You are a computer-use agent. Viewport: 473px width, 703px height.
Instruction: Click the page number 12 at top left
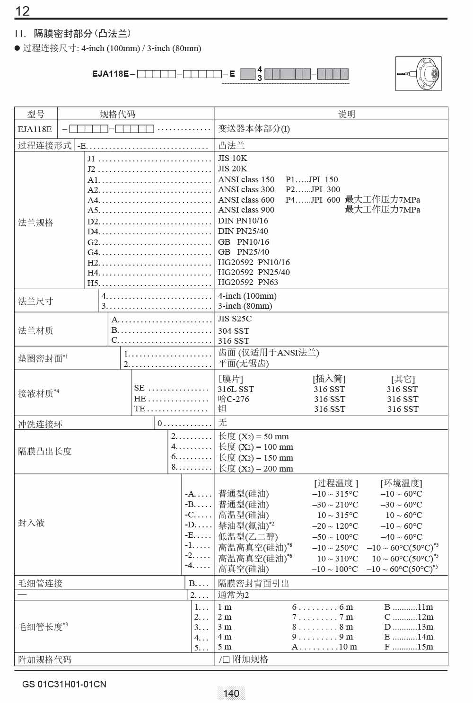point(22,11)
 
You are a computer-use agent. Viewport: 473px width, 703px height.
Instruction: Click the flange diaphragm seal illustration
point(418,73)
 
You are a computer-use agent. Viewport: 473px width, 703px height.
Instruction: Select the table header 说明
point(346,114)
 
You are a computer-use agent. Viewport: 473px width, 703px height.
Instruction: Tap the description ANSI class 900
point(246,210)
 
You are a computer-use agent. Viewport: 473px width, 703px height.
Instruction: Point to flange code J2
point(91,169)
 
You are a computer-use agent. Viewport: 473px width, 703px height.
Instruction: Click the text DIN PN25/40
point(243,231)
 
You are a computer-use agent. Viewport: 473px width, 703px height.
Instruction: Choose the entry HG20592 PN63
point(248,282)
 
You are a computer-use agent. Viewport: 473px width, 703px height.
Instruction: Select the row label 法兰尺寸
point(35,301)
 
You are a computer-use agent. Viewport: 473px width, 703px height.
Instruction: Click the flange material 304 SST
point(233,331)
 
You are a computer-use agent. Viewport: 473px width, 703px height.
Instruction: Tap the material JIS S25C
point(235,319)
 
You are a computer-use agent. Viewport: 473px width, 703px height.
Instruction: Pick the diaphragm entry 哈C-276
point(233,399)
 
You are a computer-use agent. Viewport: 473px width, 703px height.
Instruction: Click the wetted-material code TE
point(139,409)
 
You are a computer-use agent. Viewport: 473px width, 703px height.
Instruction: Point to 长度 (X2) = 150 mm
point(255,458)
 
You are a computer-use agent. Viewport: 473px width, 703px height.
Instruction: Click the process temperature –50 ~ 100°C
point(335,537)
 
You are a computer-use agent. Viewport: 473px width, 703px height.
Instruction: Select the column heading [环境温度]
point(401,483)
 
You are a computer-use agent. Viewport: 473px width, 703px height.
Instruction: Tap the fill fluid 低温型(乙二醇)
point(248,537)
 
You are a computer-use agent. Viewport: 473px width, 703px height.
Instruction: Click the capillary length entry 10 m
point(348,647)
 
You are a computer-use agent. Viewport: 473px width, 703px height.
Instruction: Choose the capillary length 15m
point(425,647)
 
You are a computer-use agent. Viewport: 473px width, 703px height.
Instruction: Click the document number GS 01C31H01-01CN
point(64,684)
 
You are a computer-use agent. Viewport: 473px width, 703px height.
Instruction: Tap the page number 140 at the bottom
point(231,694)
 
